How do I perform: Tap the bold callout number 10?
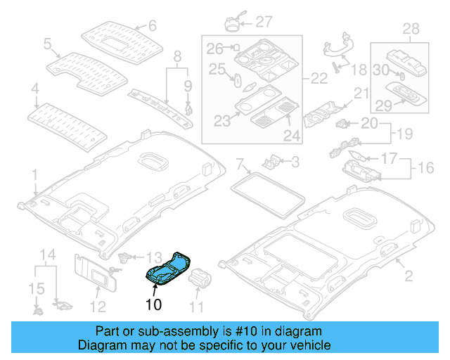[x=154, y=304]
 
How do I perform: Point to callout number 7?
[x=240, y=166]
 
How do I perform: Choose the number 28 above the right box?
[x=410, y=29]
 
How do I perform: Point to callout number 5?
[x=47, y=44]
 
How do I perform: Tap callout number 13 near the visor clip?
[x=153, y=257]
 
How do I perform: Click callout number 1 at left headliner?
[x=34, y=174]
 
